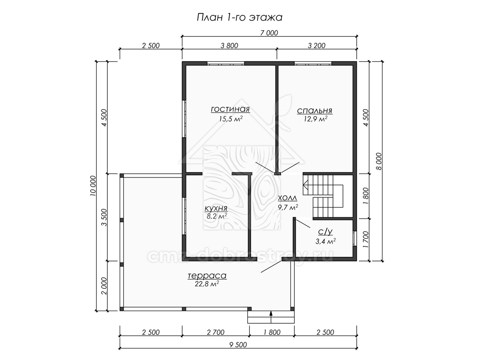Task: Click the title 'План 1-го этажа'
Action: (240, 18)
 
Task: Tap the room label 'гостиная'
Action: (230, 109)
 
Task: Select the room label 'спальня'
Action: (315, 111)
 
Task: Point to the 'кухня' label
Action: (216, 208)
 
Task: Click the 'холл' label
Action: (288, 198)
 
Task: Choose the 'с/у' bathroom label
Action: (325, 232)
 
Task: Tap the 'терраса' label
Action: (207, 276)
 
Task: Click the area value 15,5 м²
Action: (231, 119)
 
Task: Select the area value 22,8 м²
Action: (207, 284)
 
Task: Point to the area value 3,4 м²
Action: (326, 241)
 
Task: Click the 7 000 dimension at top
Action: (269, 33)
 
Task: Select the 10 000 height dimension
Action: (93, 186)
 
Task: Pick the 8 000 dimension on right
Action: (379, 161)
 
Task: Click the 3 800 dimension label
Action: (229, 46)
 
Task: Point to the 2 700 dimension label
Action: (216, 332)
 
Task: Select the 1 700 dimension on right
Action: (366, 239)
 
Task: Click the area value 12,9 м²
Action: (316, 119)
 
